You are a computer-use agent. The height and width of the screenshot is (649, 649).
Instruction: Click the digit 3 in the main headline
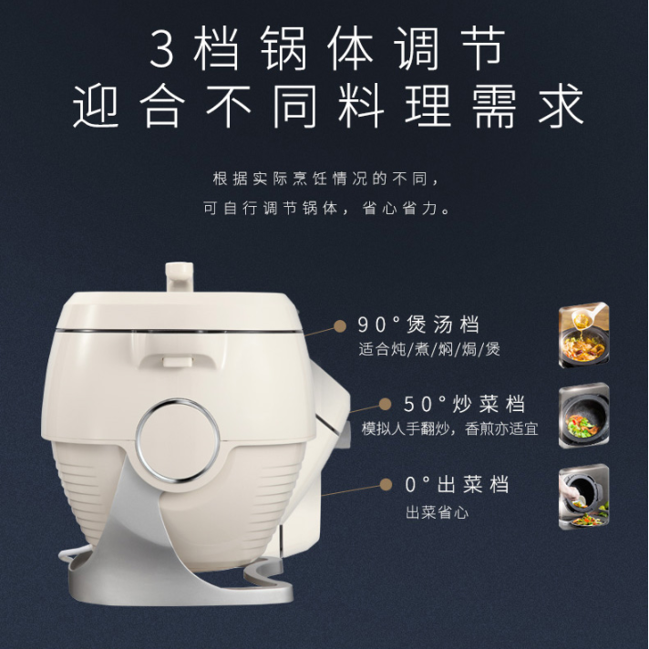pos(162,49)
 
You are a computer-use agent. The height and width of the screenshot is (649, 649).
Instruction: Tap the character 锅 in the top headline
pos(284,48)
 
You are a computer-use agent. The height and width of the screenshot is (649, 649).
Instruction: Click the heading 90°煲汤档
pos(418,324)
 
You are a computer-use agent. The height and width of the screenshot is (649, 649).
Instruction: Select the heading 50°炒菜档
pos(464,404)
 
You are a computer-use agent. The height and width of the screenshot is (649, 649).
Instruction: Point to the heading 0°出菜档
pos(457,484)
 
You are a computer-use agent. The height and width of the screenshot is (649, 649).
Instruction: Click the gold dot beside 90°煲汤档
pos(340,326)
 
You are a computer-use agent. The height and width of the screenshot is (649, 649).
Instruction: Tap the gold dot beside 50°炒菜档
pos(386,405)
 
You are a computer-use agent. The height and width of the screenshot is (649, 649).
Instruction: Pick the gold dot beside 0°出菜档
pos(386,484)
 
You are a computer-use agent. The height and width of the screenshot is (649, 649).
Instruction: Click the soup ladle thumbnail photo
pos(583,335)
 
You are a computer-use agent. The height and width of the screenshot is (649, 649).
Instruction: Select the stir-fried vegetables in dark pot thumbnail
pos(583,415)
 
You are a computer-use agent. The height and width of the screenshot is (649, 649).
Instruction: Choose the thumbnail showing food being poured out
pos(583,496)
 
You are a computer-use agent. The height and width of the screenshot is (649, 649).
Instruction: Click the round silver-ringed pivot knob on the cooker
pos(177,440)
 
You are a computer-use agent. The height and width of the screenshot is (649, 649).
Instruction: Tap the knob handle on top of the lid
pos(180,277)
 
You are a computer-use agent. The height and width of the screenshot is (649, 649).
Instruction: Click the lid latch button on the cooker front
pos(177,362)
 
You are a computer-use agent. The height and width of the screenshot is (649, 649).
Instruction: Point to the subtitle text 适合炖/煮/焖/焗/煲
pos(429,349)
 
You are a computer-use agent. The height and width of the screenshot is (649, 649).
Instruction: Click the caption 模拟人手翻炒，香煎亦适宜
pos(450,428)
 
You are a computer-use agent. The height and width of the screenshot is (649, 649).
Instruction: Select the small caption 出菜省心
pos(438,513)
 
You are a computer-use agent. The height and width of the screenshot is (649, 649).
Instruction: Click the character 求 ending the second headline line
pos(560,106)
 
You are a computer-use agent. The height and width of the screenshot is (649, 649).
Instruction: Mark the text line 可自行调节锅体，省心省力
pos(326,208)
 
